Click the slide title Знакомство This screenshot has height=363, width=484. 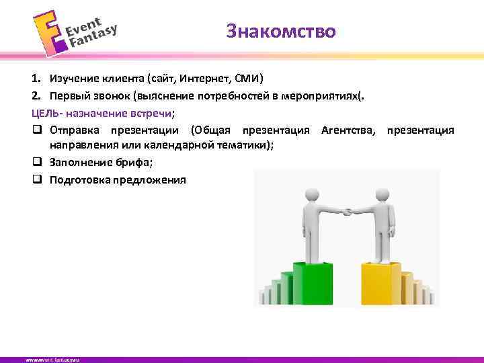(281, 31)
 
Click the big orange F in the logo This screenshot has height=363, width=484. (48, 36)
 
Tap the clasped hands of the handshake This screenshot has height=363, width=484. (347, 212)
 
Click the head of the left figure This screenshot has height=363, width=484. (311, 194)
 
